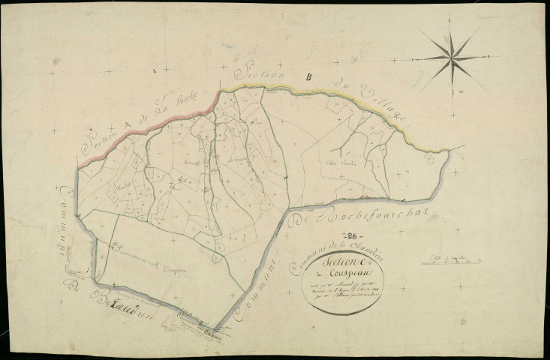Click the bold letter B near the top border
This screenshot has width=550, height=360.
[307, 76]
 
